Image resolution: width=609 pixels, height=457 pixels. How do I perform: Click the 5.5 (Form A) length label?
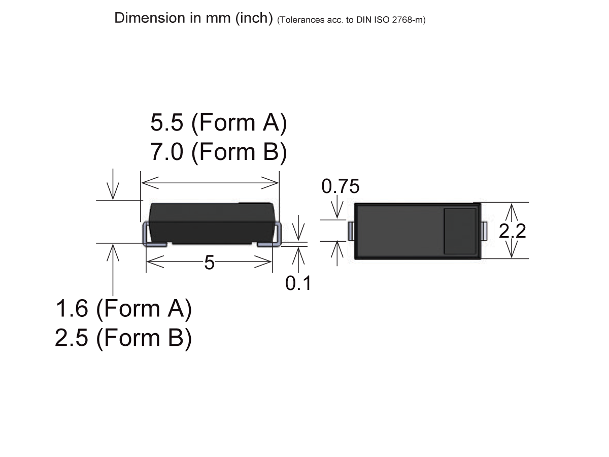tap(219, 123)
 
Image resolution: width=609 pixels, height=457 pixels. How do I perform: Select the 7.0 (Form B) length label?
tap(219, 152)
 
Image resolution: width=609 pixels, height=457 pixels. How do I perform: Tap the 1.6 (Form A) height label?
tap(123, 309)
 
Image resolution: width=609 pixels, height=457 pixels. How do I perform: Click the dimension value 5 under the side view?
tap(209, 263)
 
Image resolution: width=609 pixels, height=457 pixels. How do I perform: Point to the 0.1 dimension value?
tap(298, 283)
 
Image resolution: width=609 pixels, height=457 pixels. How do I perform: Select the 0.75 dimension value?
tap(341, 187)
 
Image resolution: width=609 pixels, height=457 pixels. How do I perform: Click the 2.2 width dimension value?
tap(512, 231)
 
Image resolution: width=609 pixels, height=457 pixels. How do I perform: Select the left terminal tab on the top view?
tap(350, 231)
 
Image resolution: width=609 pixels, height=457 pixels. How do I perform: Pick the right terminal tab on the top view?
tap(484, 231)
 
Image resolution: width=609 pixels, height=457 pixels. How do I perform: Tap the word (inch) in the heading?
tap(254, 18)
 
